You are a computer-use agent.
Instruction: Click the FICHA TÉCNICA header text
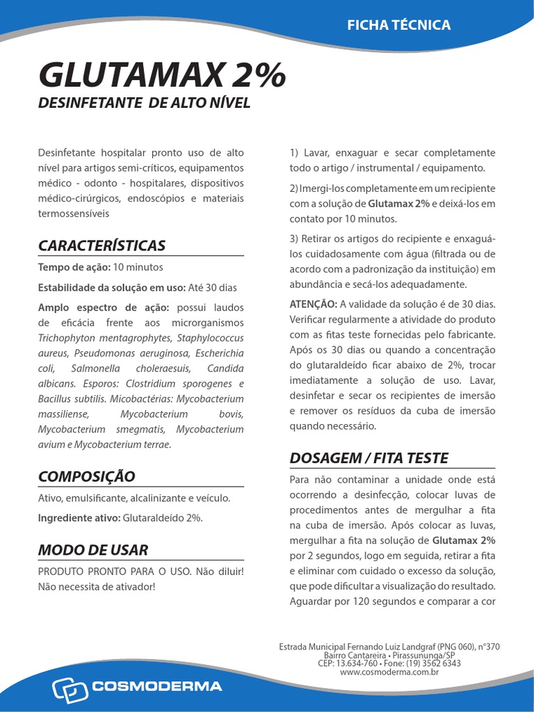tap(399, 25)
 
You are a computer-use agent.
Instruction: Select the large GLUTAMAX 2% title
tap(161, 74)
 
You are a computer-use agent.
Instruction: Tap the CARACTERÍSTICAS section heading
tap(102, 245)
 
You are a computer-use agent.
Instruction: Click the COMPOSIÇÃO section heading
tap(86, 476)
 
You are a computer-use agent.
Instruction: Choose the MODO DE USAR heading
tap(92, 550)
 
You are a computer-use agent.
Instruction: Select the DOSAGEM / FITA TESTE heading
tap(369, 458)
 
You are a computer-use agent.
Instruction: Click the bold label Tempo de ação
tap(73, 267)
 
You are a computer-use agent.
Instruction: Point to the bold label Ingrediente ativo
tap(79, 517)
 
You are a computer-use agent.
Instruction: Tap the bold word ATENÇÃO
tap(313, 304)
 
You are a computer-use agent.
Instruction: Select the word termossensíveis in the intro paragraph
tap(73, 213)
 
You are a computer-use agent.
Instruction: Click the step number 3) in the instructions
tap(293, 239)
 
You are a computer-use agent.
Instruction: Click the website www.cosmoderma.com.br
tap(389, 672)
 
